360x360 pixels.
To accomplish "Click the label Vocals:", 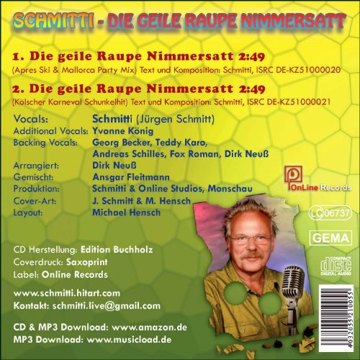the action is pos(30,121).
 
